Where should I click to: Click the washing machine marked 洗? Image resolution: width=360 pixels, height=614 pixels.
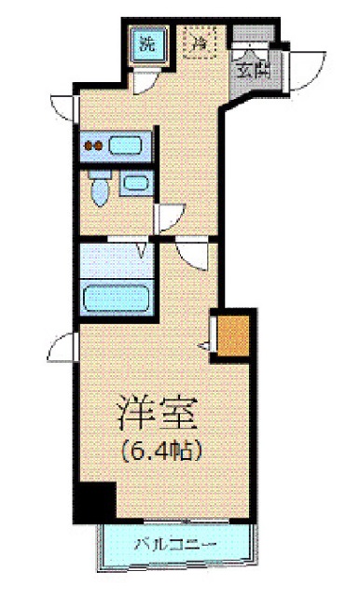(147, 44)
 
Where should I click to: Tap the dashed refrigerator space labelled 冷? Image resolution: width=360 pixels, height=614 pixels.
(199, 41)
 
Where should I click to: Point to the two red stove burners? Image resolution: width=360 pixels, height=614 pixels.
(93, 146)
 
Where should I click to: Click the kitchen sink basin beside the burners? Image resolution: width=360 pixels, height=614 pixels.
(125, 146)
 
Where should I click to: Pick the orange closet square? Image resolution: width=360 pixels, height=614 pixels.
(234, 335)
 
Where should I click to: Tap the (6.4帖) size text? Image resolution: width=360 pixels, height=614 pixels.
(159, 449)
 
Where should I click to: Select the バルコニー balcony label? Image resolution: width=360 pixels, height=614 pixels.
(174, 544)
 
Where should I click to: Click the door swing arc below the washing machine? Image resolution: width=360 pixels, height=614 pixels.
(145, 83)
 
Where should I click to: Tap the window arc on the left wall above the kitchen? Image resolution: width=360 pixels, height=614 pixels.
(62, 102)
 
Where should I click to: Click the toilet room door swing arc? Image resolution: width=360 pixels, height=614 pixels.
(168, 218)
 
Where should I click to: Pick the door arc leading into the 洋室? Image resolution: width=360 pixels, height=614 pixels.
(193, 254)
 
